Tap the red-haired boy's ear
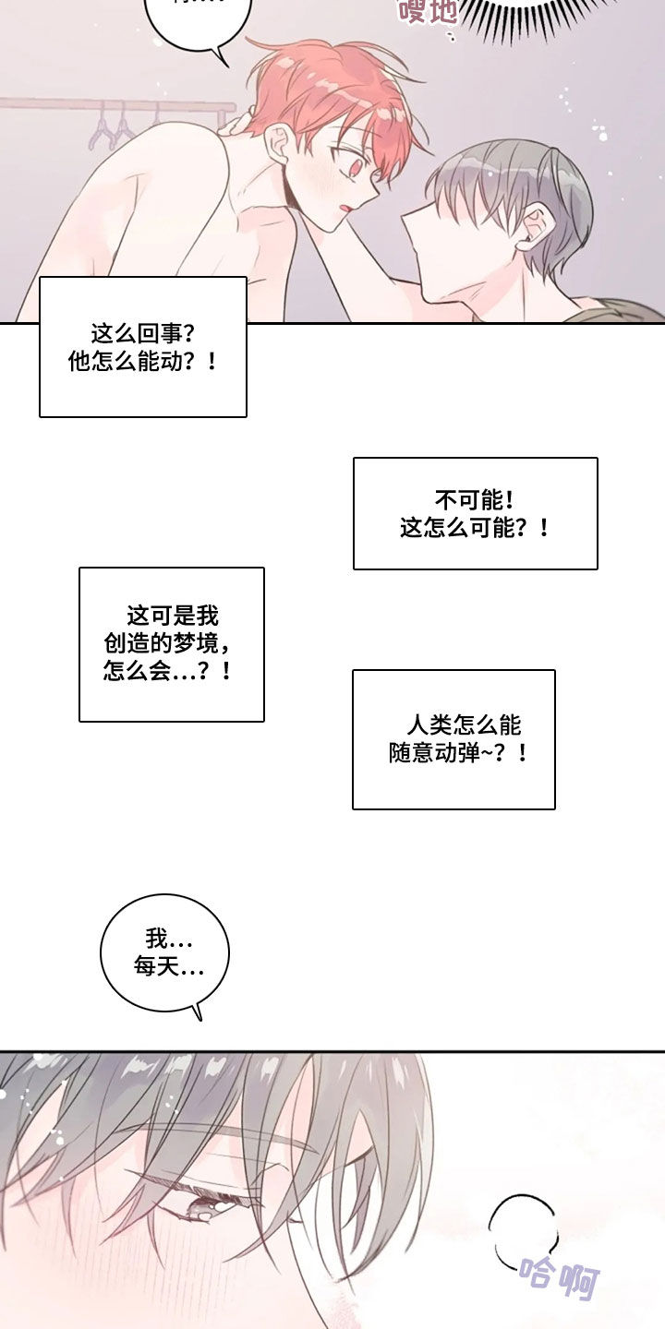[x=278, y=144]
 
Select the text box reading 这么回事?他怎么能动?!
[x=143, y=346]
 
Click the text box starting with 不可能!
[x=475, y=513]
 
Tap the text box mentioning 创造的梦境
[x=172, y=643]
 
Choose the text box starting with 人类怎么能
[x=453, y=739]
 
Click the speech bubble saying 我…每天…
[x=164, y=953]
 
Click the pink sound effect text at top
[x=427, y=11]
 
